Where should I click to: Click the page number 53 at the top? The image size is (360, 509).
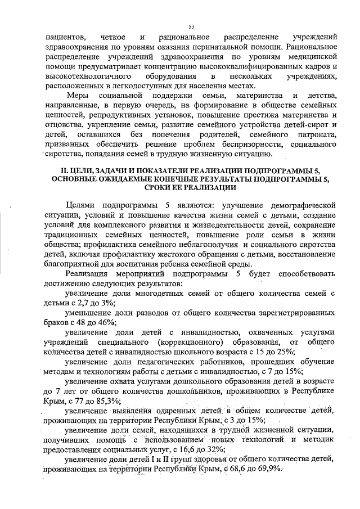click(191, 26)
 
